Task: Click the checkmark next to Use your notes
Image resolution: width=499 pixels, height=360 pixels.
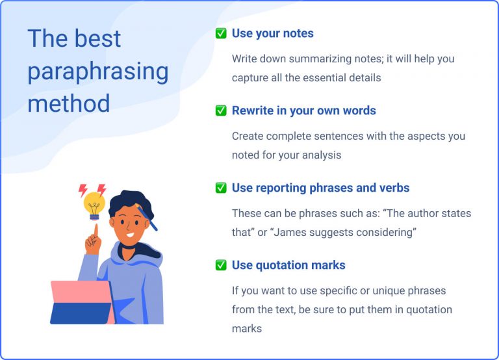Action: (x=221, y=33)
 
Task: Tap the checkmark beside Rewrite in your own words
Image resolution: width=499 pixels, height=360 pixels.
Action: (x=221, y=110)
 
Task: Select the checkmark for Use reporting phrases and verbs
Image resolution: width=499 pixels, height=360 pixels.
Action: (x=221, y=188)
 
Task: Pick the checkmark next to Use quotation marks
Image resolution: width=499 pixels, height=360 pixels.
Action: (x=221, y=265)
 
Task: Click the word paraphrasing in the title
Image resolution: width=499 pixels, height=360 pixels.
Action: (x=98, y=71)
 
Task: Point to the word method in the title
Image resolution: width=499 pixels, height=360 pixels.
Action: (x=68, y=103)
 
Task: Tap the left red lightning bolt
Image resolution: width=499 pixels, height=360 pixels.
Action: (x=83, y=190)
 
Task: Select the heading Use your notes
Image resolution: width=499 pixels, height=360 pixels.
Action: (x=272, y=33)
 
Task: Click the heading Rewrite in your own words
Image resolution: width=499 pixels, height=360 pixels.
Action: (x=303, y=110)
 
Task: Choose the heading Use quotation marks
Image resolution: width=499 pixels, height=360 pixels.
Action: (x=288, y=265)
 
